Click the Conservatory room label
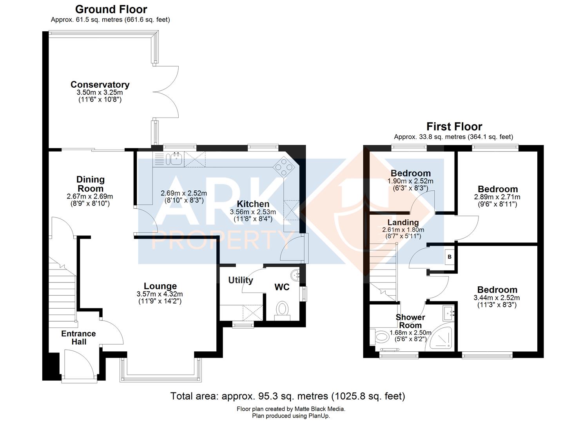pos(100,85)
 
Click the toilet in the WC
pos(282,311)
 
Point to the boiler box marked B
pos(450,257)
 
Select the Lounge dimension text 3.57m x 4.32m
pos(160,294)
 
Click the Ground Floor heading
pos(111,9)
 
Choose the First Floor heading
pos(454,127)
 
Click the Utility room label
pos(241,280)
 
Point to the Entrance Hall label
pos(78,338)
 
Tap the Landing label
pos(403,222)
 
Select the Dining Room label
pos(91,184)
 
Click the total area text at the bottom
pos(288,396)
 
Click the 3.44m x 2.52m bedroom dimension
pos(497,298)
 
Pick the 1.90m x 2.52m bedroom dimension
pos(410,181)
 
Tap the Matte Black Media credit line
pos(291,409)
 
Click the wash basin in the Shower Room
pos(449,314)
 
